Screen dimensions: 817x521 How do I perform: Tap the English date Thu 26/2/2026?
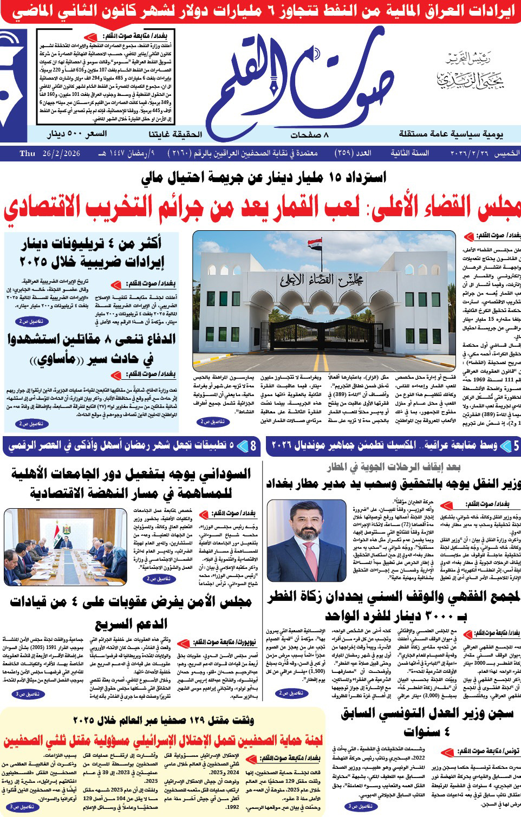[x=50, y=153]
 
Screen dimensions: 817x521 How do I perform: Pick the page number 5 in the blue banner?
[x=515, y=446]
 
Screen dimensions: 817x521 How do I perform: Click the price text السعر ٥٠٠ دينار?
[x=77, y=134]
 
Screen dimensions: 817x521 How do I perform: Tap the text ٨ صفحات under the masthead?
[x=309, y=134]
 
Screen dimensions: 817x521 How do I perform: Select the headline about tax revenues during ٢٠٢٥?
[x=92, y=252]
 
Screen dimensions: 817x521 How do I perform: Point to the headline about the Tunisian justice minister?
[x=427, y=722]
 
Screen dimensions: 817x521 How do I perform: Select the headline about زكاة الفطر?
[x=394, y=606]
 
